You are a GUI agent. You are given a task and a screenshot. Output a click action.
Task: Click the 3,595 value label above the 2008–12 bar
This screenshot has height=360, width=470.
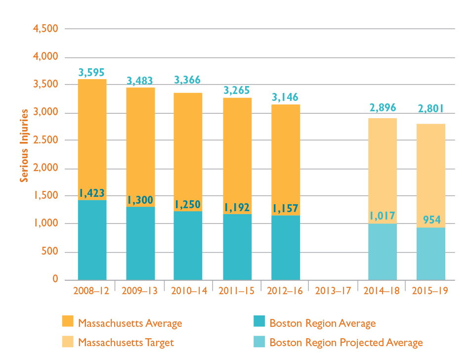point(92,73)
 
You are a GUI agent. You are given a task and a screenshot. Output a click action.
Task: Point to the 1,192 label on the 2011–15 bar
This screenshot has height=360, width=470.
point(237,208)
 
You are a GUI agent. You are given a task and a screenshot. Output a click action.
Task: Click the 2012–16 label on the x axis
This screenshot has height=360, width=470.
point(285,290)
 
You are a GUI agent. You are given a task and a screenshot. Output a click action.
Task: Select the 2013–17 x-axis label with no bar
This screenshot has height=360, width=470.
point(333,290)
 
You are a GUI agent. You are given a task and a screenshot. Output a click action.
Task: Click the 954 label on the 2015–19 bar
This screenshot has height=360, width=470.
point(432,220)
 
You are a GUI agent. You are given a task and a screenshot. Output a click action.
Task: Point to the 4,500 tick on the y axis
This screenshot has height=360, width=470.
point(45,29)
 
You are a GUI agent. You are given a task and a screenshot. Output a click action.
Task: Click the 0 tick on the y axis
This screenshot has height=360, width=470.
point(55,280)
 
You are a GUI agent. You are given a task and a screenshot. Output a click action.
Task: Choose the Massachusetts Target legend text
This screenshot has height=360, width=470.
point(126,342)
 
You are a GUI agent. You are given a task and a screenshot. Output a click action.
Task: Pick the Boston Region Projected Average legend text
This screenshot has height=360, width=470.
point(346,342)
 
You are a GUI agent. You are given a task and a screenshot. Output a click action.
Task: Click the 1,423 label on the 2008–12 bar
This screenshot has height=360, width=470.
point(92,193)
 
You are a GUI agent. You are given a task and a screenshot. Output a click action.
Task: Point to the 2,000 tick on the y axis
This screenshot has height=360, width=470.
point(45,169)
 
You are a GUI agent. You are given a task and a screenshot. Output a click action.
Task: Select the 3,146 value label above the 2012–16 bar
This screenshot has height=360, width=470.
point(285,97)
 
